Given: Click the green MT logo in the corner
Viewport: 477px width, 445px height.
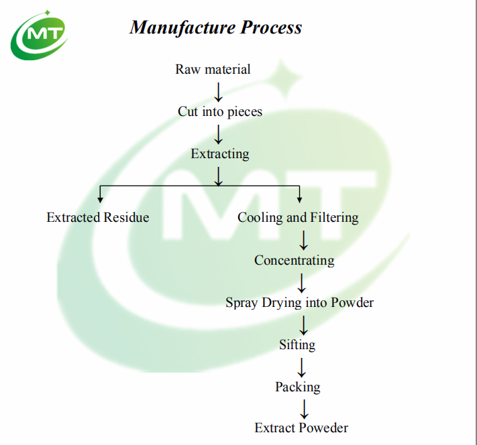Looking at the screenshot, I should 38,35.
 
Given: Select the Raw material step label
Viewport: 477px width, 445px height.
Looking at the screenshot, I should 213,69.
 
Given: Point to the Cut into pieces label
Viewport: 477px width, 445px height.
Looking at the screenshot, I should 219,111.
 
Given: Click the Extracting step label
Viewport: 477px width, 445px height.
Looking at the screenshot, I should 219,153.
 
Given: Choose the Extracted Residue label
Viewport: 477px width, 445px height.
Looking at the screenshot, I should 98,217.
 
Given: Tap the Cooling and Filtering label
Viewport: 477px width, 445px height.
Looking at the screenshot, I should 298,217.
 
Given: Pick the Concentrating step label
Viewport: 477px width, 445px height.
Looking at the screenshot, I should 294,260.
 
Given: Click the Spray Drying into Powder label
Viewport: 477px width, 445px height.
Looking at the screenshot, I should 299,302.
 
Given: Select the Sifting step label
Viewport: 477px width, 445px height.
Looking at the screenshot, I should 297,344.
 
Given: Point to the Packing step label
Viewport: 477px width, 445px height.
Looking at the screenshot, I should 297,387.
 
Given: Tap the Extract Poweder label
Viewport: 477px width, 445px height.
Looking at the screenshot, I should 301,428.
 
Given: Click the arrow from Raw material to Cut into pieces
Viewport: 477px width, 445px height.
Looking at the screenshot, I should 218,90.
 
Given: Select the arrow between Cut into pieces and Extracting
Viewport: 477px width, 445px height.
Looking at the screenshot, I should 218,133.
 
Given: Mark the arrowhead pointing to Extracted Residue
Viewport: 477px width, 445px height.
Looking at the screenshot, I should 101,198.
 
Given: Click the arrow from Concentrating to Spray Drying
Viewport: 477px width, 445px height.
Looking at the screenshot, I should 303,281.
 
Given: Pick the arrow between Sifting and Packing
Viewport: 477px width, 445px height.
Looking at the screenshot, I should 303,366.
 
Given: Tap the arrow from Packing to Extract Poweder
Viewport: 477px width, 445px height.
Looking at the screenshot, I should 303,407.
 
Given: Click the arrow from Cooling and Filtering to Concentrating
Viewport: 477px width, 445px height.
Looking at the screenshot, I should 303,239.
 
